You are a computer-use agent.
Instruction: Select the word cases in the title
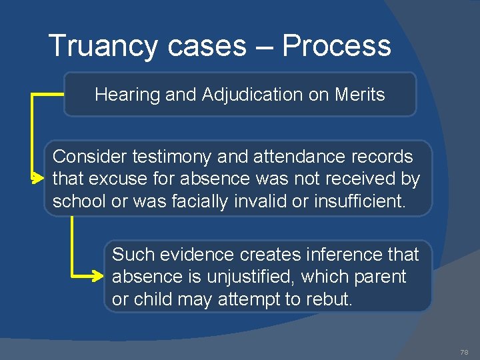pyautogui.click(x=207, y=47)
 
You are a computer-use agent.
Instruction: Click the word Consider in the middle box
pyautogui.click(x=90, y=157)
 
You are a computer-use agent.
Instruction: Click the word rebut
pyautogui.click(x=330, y=299)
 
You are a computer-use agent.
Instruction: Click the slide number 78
pyautogui.click(x=464, y=351)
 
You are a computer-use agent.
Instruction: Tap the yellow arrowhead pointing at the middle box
pyautogui.click(x=38, y=179)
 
